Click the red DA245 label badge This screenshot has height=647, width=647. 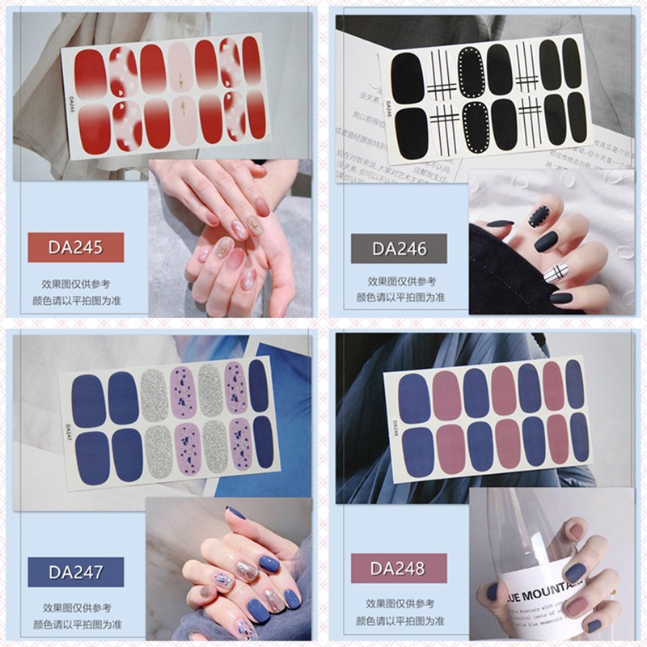75,247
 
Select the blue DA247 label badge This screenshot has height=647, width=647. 75,572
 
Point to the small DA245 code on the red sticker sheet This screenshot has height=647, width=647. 71,104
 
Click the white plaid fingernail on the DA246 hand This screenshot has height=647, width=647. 555,273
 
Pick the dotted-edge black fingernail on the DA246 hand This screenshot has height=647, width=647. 537,215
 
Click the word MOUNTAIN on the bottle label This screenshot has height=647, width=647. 555,580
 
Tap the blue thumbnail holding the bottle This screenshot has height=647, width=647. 493,591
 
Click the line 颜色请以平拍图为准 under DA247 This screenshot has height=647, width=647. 75,623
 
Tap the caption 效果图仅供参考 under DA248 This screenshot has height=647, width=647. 400,603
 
